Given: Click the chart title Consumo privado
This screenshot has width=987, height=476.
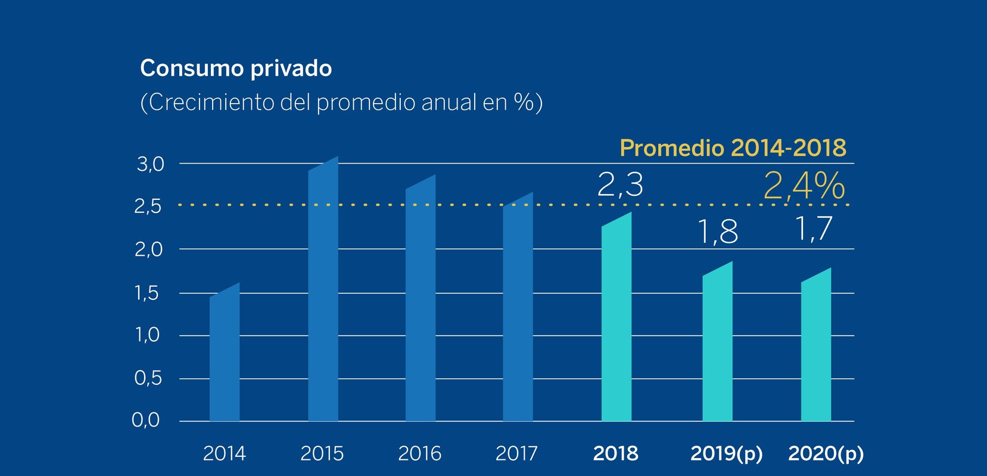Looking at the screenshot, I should point(236,68).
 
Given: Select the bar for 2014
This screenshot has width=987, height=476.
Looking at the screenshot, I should point(225,357).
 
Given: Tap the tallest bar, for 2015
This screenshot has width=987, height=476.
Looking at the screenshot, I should point(323,292).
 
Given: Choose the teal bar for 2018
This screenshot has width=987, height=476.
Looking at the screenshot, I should point(617,321).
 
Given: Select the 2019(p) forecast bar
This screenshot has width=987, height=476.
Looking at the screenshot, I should point(717,345).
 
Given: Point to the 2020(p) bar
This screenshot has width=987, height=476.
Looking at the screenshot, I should point(816,348).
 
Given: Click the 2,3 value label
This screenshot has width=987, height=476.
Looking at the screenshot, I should point(620,184).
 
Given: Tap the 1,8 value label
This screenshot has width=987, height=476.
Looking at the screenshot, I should point(718,231).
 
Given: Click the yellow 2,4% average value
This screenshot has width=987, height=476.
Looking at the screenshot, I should point(804,186).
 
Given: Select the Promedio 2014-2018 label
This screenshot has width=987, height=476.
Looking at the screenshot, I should point(733,148).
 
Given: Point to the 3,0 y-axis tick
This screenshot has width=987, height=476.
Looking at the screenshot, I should point(150,164).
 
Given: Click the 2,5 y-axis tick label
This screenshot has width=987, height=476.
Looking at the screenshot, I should point(148,206).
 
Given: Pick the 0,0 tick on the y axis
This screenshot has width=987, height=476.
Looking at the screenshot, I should point(146,420).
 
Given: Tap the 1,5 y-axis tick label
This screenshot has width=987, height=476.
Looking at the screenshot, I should point(147,293).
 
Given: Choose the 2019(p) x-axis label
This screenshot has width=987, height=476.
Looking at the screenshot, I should point(726,453).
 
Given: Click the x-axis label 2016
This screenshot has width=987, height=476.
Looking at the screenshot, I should point(419,453).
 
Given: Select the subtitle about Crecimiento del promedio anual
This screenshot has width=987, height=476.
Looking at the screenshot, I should point(341,102).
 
